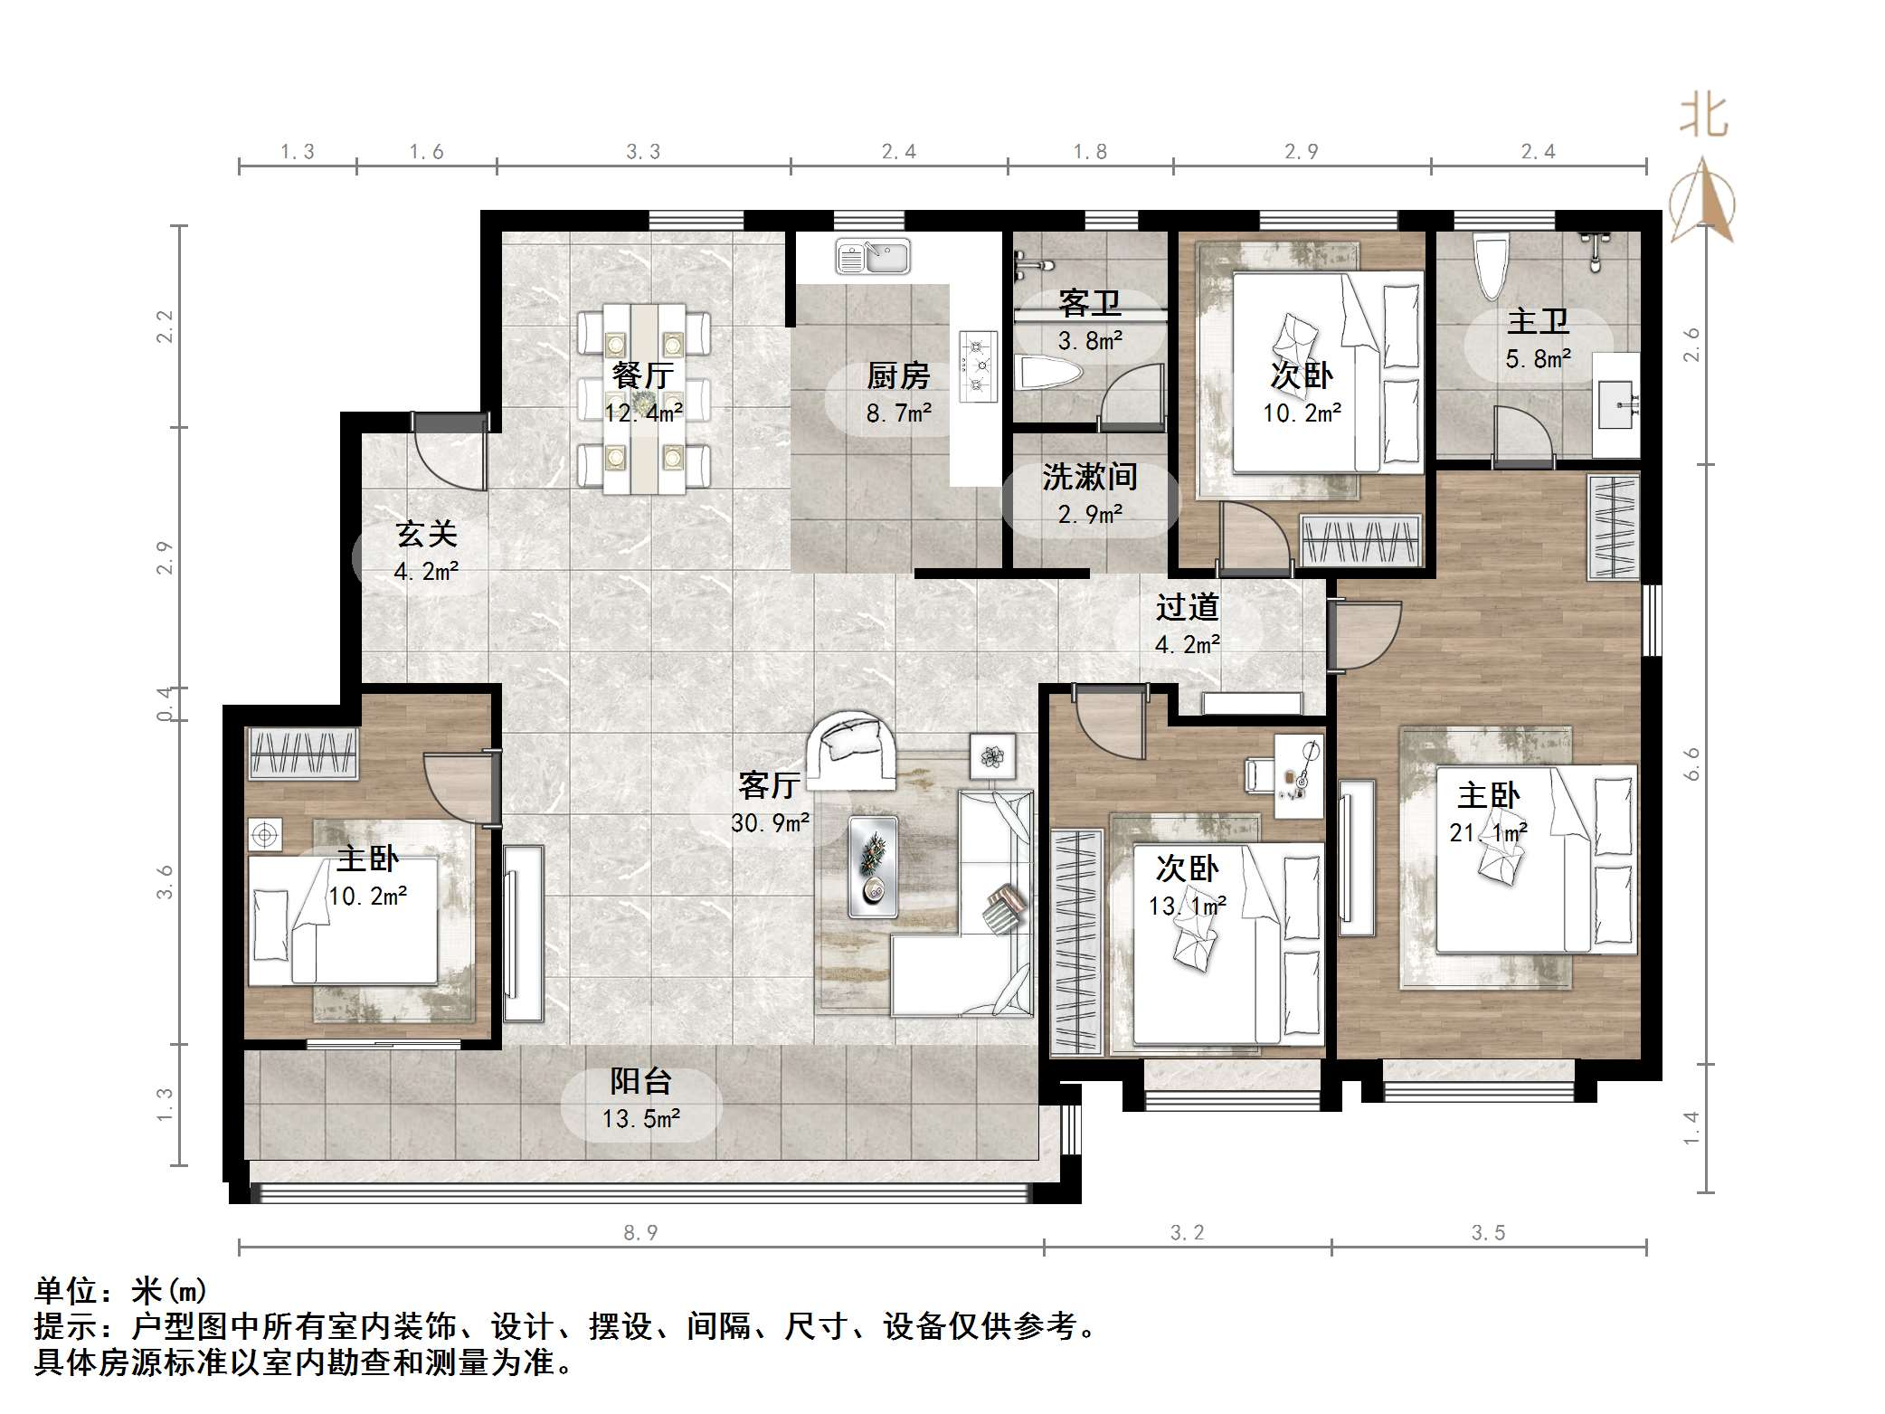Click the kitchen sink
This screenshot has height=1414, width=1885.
[873, 257]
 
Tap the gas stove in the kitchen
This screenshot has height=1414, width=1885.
[979, 366]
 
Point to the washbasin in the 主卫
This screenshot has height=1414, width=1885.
[1615, 405]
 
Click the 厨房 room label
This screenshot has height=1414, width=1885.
[898, 375]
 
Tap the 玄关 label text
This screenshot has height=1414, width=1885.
[426, 534]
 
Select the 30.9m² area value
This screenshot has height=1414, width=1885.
[770, 823]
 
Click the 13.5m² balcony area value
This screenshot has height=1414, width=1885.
[641, 1119]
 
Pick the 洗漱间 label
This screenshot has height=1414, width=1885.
[1089, 477]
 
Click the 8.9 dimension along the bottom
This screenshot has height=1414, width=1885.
[640, 1232]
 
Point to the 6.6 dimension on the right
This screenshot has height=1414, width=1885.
[1691, 764]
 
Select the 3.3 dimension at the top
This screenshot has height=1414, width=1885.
[643, 152]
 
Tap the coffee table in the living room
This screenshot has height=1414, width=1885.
[874, 867]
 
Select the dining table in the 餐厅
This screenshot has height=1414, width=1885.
[644, 398]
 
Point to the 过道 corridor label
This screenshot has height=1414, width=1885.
[1187, 607]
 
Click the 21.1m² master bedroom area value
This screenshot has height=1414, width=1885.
[1489, 832]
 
